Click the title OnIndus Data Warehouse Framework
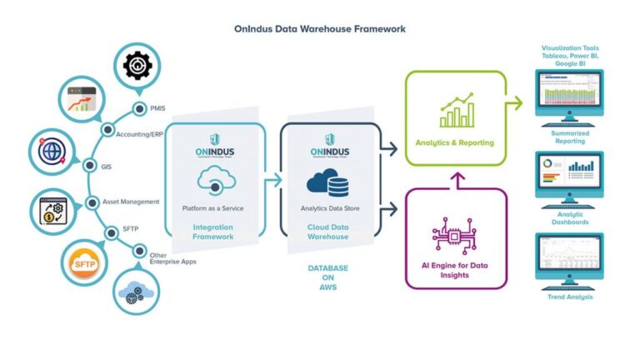(x=320, y=28)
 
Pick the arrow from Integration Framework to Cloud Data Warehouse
(x=272, y=178)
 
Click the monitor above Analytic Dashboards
(x=570, y=175)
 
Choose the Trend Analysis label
(x=570, y=297)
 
